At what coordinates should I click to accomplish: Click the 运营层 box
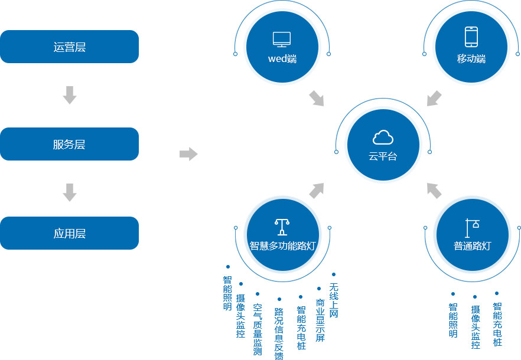click(69, 47)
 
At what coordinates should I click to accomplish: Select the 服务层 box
click(69, 144)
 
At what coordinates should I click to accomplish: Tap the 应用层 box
click(69, 233)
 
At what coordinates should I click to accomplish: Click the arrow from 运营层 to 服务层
click(70, 95)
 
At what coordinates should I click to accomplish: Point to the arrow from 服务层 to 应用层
click(70, 192)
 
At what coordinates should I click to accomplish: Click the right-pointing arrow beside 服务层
click(188, 154)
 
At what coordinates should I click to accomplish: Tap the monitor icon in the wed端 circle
click(282, 40)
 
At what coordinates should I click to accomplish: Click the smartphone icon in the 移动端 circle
click(471, 37)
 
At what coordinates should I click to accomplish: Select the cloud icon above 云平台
click(383, 138)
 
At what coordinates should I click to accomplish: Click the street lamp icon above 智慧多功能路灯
click(282, 227)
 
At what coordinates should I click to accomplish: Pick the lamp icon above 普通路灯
click(472, 228)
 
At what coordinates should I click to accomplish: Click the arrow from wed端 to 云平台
click(317, 99)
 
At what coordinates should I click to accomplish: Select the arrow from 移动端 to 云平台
click(434, 99)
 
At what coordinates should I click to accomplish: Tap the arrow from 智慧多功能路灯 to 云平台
click(317, 191)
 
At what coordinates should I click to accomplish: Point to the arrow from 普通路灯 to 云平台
click(434, 191)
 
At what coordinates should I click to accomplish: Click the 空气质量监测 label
click(258, 329)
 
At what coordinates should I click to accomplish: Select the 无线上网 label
click(334, 300)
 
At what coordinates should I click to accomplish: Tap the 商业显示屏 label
click(320, 320)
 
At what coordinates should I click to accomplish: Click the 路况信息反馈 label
click(279, 333)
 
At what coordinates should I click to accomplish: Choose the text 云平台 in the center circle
click(383, 156)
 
